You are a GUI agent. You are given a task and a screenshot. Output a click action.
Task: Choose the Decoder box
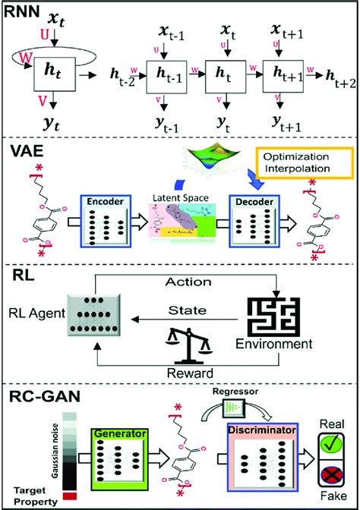[x=255, y=228]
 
